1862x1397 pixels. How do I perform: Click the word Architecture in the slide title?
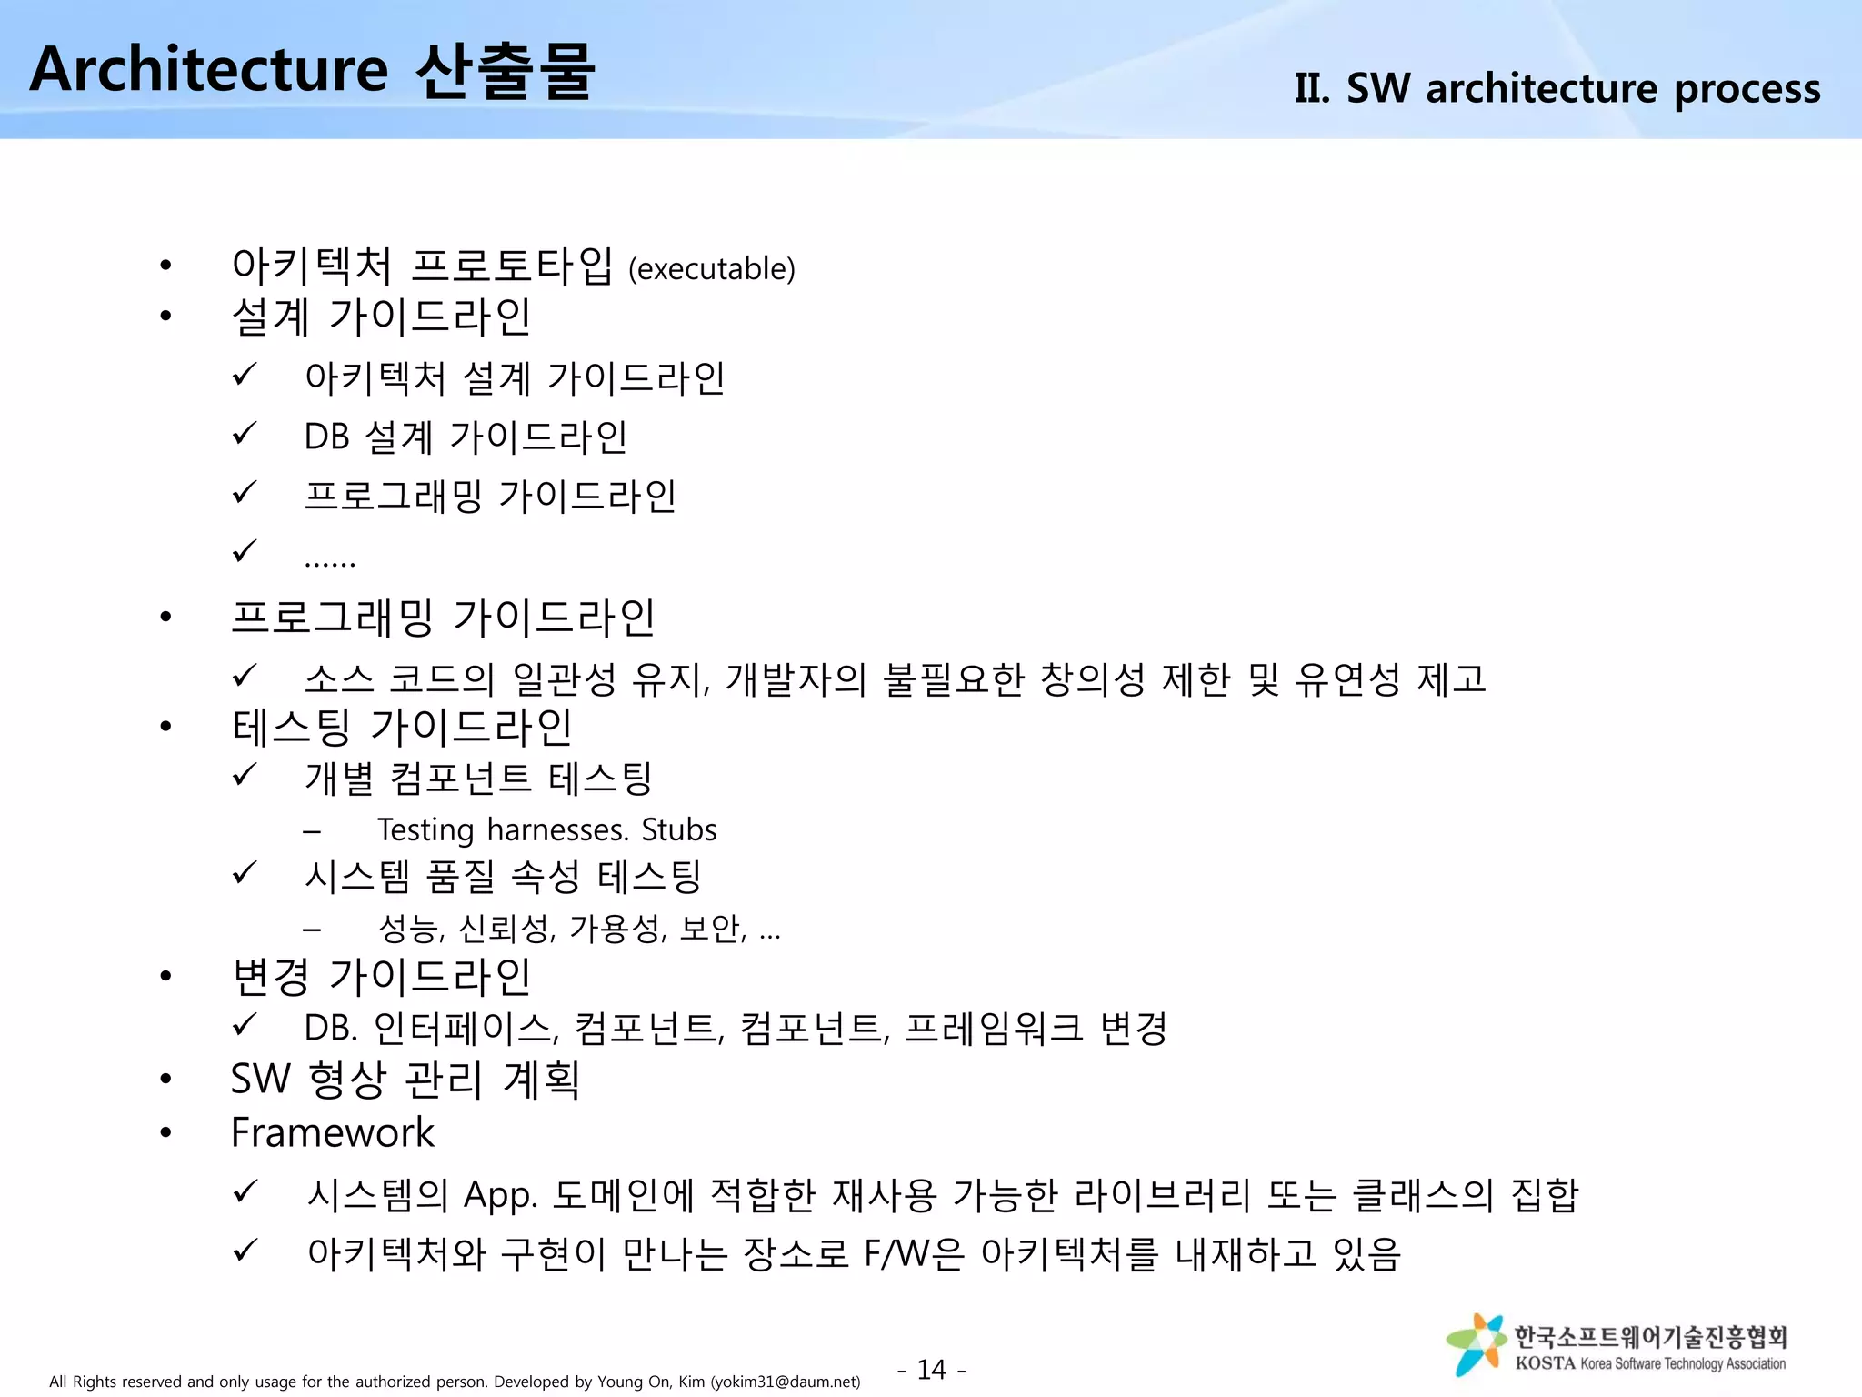point(209,70)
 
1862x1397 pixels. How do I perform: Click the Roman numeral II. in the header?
point(1313,89)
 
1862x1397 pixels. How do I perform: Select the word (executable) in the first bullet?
point(712,269)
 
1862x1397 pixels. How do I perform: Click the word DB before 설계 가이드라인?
point(326,437)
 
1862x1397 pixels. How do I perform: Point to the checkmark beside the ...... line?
point(245,551)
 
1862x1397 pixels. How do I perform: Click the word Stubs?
point(678,830)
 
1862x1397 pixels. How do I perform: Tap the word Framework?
point(333,1133)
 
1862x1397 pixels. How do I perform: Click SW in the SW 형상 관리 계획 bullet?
point(260,1080)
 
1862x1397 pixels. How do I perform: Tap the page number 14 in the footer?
point(932,1369)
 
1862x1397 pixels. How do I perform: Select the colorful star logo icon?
point(1475,1343)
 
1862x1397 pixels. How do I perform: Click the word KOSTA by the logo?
point(1545,1363)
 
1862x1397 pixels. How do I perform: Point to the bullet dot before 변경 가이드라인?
point(165,977)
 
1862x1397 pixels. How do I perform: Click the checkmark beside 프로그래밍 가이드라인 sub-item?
point(245,493)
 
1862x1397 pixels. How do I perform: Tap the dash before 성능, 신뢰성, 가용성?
point(312,930)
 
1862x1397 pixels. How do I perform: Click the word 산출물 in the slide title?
point(506,70)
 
